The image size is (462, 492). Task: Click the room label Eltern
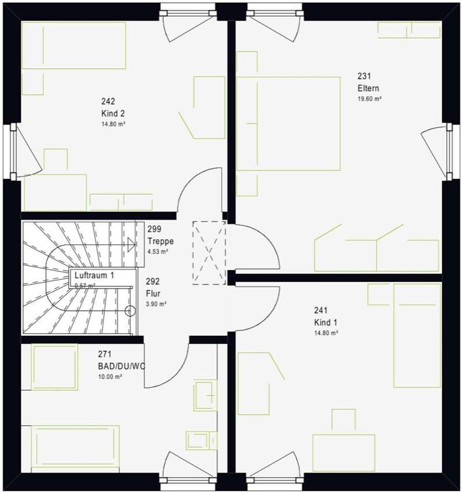coord(368,88)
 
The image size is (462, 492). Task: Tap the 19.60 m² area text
coord(369,99)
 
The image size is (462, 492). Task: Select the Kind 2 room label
coord(113,114)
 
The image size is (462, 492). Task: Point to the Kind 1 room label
coord(326,322)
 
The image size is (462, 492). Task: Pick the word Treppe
coord(160,241)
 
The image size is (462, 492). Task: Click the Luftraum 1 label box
coord(94,276)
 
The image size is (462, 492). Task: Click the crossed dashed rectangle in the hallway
coord(209,252)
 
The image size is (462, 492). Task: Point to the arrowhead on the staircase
coord(132,244)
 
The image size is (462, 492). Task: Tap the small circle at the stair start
coord(129,311)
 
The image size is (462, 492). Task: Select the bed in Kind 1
coord(417,335)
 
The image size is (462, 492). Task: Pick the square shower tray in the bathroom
coord(54,367)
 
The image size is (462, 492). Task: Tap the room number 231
coord(364,76)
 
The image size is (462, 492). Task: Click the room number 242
coord(108,101)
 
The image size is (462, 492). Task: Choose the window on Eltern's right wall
coord(449,151)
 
